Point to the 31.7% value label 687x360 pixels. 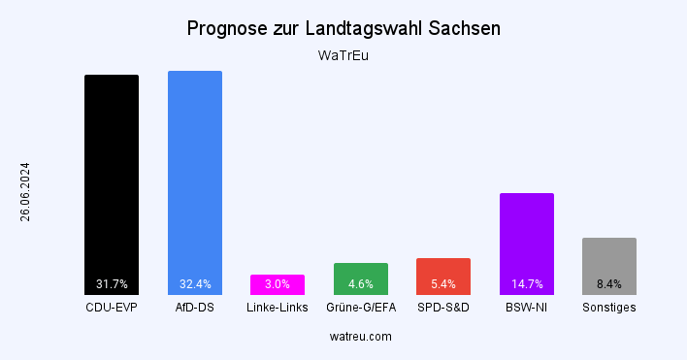click(112, 284)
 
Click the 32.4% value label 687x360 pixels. click(195, 284)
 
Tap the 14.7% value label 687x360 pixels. click(527, 284)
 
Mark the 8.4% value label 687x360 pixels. click(609, 284)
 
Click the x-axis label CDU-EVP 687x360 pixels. click(112, 308)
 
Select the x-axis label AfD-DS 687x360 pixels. click(195, 308)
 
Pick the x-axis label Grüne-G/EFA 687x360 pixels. click(361, 308)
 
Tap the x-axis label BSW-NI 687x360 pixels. click(527, 308)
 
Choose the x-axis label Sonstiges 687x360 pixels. click(609, 308)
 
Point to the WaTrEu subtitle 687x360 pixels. click(343, 55)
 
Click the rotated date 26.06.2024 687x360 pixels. click(25, 191)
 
